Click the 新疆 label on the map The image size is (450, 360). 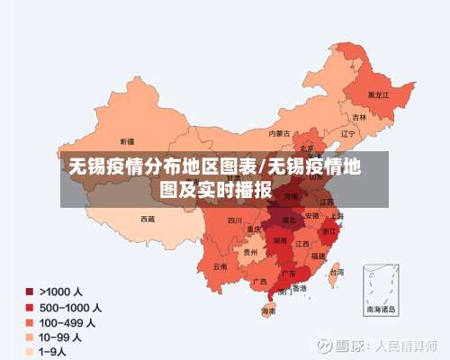(x=126, y=141)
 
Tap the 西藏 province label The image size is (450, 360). (x=147, y=218)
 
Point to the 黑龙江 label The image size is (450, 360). (x=379, y=94)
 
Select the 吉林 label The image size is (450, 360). (x=359, y=117)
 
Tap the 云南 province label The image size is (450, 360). (x=220, y=266)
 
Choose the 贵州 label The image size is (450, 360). (x=249, y=253)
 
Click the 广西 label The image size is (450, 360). (x=259, y=282)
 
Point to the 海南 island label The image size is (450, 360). (x=268, y=311)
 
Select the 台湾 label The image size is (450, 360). (x=336, y=272)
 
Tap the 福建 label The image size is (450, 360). (x=319, y=256)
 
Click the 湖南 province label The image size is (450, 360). (x=280, y=241)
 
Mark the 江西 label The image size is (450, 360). (x=301, y=244)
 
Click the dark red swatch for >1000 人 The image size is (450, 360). (x=30, y=292)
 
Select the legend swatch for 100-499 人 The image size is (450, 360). (x=30, y=321)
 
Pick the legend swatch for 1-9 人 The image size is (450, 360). (x=30, y=350)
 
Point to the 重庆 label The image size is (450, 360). (x=255, y=229)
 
